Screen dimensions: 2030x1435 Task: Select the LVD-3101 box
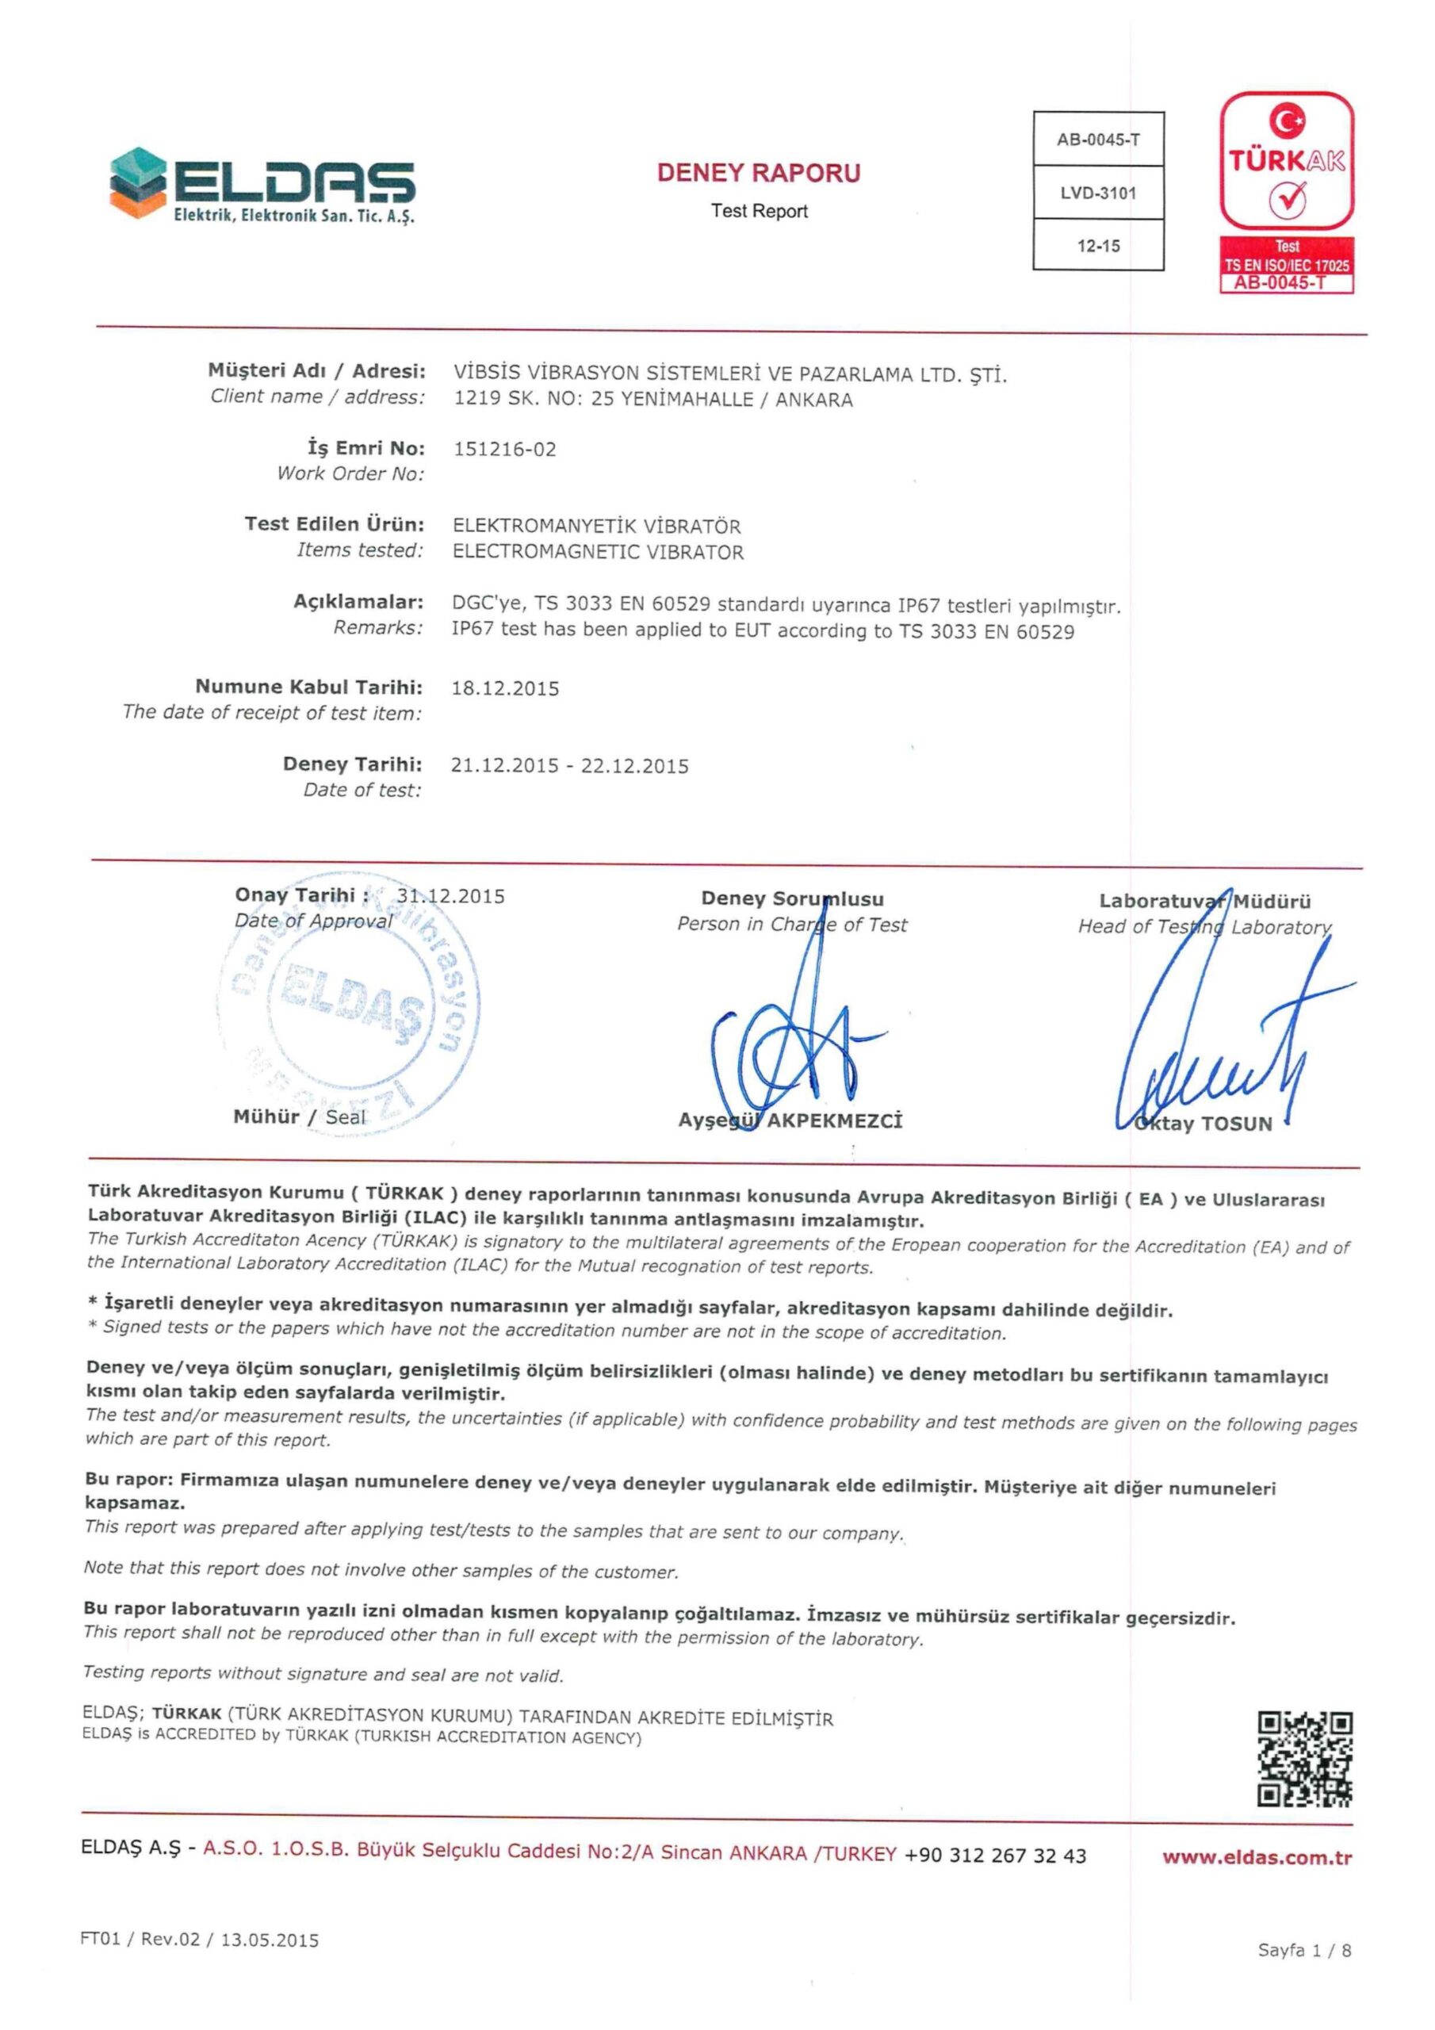[1098, 193]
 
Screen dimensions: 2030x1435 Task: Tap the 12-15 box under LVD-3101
[1098, 246]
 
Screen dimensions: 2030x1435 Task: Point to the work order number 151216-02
[505, 449]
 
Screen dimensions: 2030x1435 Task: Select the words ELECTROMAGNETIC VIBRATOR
[598, 553]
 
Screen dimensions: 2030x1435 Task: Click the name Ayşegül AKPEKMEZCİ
[790, 1121]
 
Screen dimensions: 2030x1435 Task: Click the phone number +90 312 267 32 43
[995, 1856]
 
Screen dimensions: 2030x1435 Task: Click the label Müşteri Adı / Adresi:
[316, 370]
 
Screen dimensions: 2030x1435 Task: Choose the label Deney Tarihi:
[352, 764]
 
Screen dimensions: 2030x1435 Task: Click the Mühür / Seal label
[299, 1116]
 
